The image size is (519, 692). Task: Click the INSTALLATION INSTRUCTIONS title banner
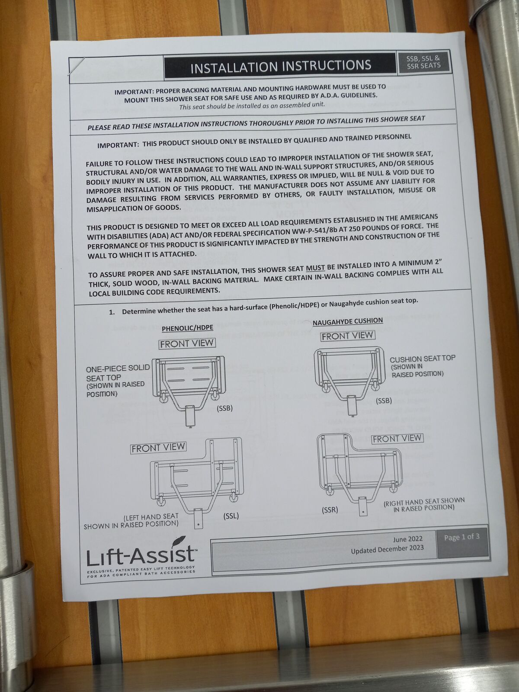tap(280, 66)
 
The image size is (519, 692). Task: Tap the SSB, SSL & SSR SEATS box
tap(423, 62)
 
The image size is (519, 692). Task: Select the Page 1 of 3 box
tap(461, 538)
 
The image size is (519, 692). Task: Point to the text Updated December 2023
tap(387, 548)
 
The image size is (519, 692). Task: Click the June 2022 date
tap(407, 539)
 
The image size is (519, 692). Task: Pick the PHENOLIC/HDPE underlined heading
tap(187, 328)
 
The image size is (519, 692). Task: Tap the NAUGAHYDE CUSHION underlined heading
tap(347, 321)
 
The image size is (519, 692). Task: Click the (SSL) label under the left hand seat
tap(231, 516)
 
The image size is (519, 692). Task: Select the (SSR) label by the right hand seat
tap(330, 510)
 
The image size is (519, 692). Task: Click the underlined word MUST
tap(315, 268)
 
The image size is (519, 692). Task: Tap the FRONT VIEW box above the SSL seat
tap(158, 448)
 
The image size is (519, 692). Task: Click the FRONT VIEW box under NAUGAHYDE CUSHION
tap(347, 336)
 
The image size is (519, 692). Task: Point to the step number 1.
tap(112, 312)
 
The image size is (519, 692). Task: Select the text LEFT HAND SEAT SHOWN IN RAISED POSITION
tap(131, 521)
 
